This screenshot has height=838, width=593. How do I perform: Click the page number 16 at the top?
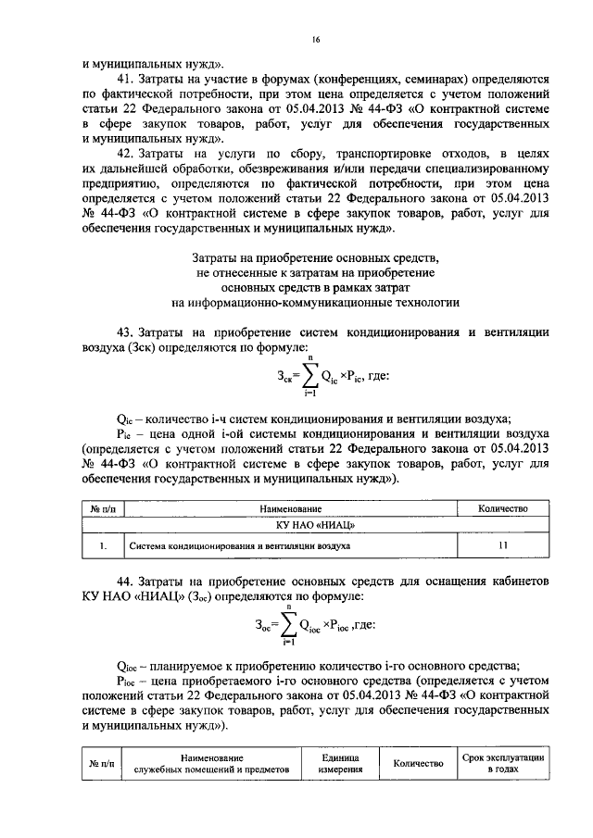point(316,41)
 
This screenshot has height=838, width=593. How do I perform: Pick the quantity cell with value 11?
point(501,546)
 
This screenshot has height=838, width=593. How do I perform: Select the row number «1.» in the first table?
point(101,547)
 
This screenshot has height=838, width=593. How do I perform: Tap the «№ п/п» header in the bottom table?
point(101,764)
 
